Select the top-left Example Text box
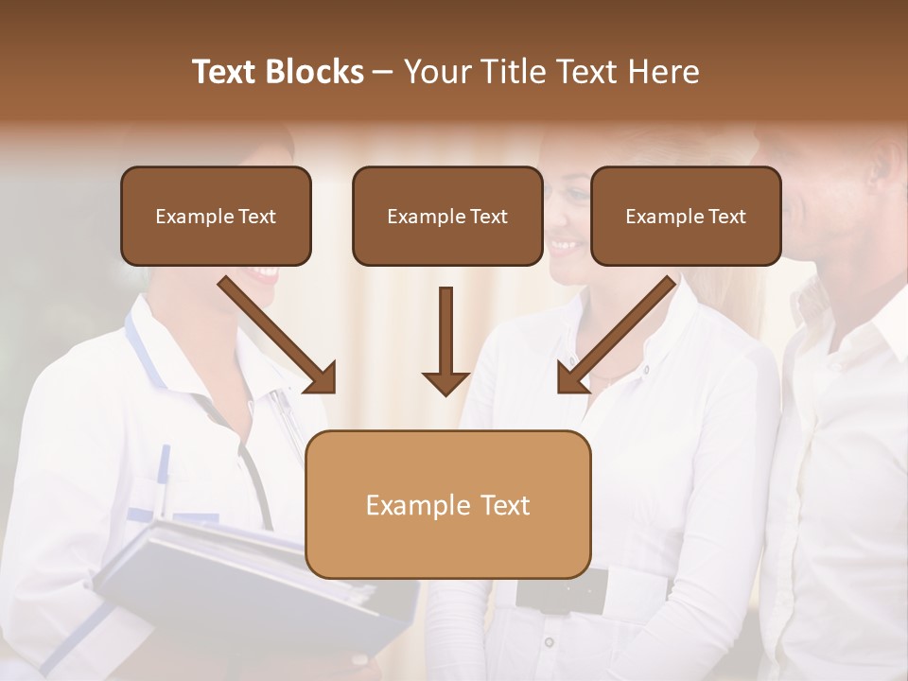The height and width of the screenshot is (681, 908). pos(216,216)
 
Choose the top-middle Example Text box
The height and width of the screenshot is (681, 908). pos(447,216)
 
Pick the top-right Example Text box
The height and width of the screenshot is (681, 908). pos(686,216)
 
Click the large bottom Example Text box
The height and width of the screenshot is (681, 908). pos(447,504)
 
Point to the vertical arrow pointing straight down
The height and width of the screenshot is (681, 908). pos(445,340)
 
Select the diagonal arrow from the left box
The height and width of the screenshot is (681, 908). pos(278,335)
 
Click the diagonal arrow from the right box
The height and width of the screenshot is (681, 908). pos(616,335)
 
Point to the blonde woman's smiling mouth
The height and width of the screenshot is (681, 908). pos(565,247)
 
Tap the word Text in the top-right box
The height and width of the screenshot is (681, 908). pos(726,217)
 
